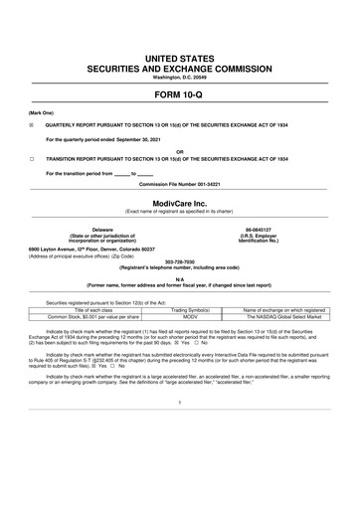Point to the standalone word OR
point(179,152)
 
